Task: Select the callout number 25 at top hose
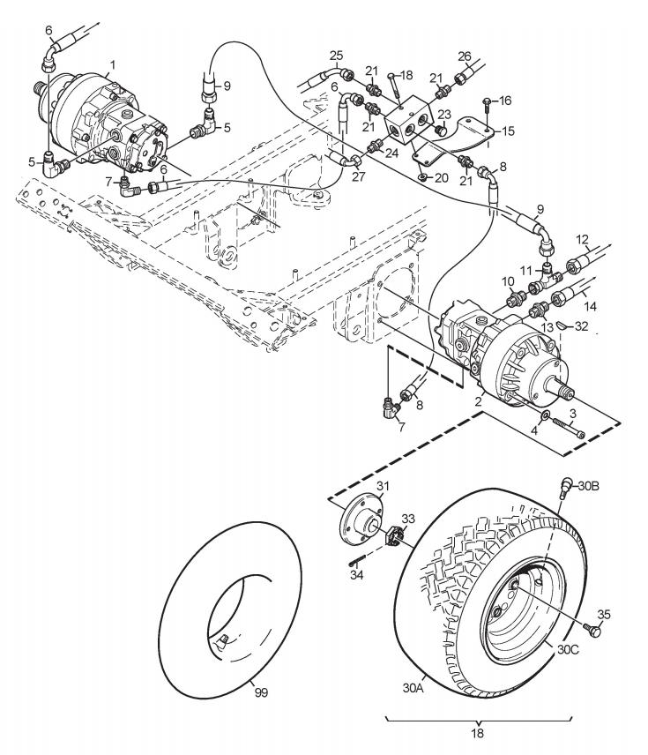(x=337, y=55)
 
